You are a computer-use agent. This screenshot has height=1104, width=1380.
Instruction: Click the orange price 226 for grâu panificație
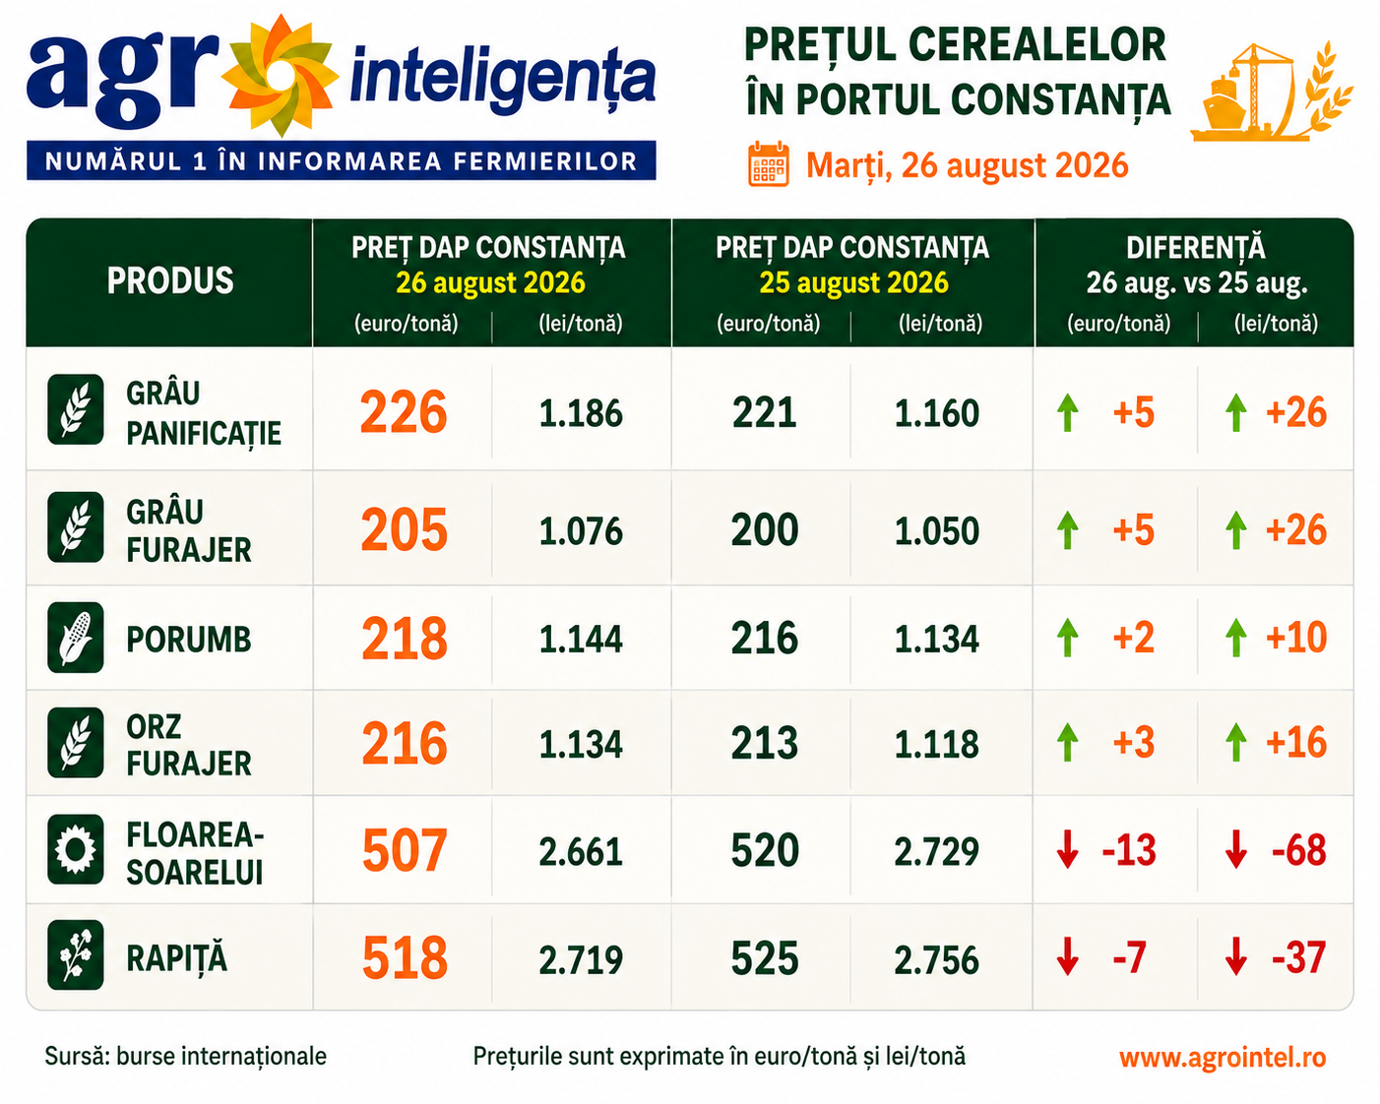404,411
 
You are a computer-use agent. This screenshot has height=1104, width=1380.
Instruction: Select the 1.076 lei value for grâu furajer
581,530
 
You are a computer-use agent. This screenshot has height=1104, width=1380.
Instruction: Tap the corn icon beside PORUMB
76,638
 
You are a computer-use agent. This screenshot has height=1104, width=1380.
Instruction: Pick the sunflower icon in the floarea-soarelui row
76,849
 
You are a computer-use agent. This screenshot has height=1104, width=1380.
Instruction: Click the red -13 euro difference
1129,850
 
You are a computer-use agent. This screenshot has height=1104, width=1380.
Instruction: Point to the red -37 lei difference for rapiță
1298,957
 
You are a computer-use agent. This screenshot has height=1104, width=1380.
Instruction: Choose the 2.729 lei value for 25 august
936,851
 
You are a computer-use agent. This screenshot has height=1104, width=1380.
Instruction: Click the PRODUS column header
170,280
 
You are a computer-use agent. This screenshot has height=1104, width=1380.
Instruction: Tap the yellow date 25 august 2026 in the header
853,282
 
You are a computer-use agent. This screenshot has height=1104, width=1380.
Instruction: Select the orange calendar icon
768,164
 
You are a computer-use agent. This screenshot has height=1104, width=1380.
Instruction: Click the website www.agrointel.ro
1223,1057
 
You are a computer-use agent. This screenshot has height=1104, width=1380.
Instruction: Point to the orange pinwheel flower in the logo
281,76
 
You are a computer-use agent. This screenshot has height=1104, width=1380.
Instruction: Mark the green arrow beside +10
1235,638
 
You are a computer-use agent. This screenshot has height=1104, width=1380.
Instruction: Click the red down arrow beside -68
1235,849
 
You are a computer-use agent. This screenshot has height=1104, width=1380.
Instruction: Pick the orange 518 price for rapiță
405,957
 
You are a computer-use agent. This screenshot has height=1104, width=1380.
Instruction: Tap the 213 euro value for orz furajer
765,744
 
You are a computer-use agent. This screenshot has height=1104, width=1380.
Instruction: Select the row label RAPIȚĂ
177,959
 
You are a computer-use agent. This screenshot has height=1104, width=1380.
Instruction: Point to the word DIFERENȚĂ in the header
1195,248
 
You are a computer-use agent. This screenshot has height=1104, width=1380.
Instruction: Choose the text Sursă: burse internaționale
185,1056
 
